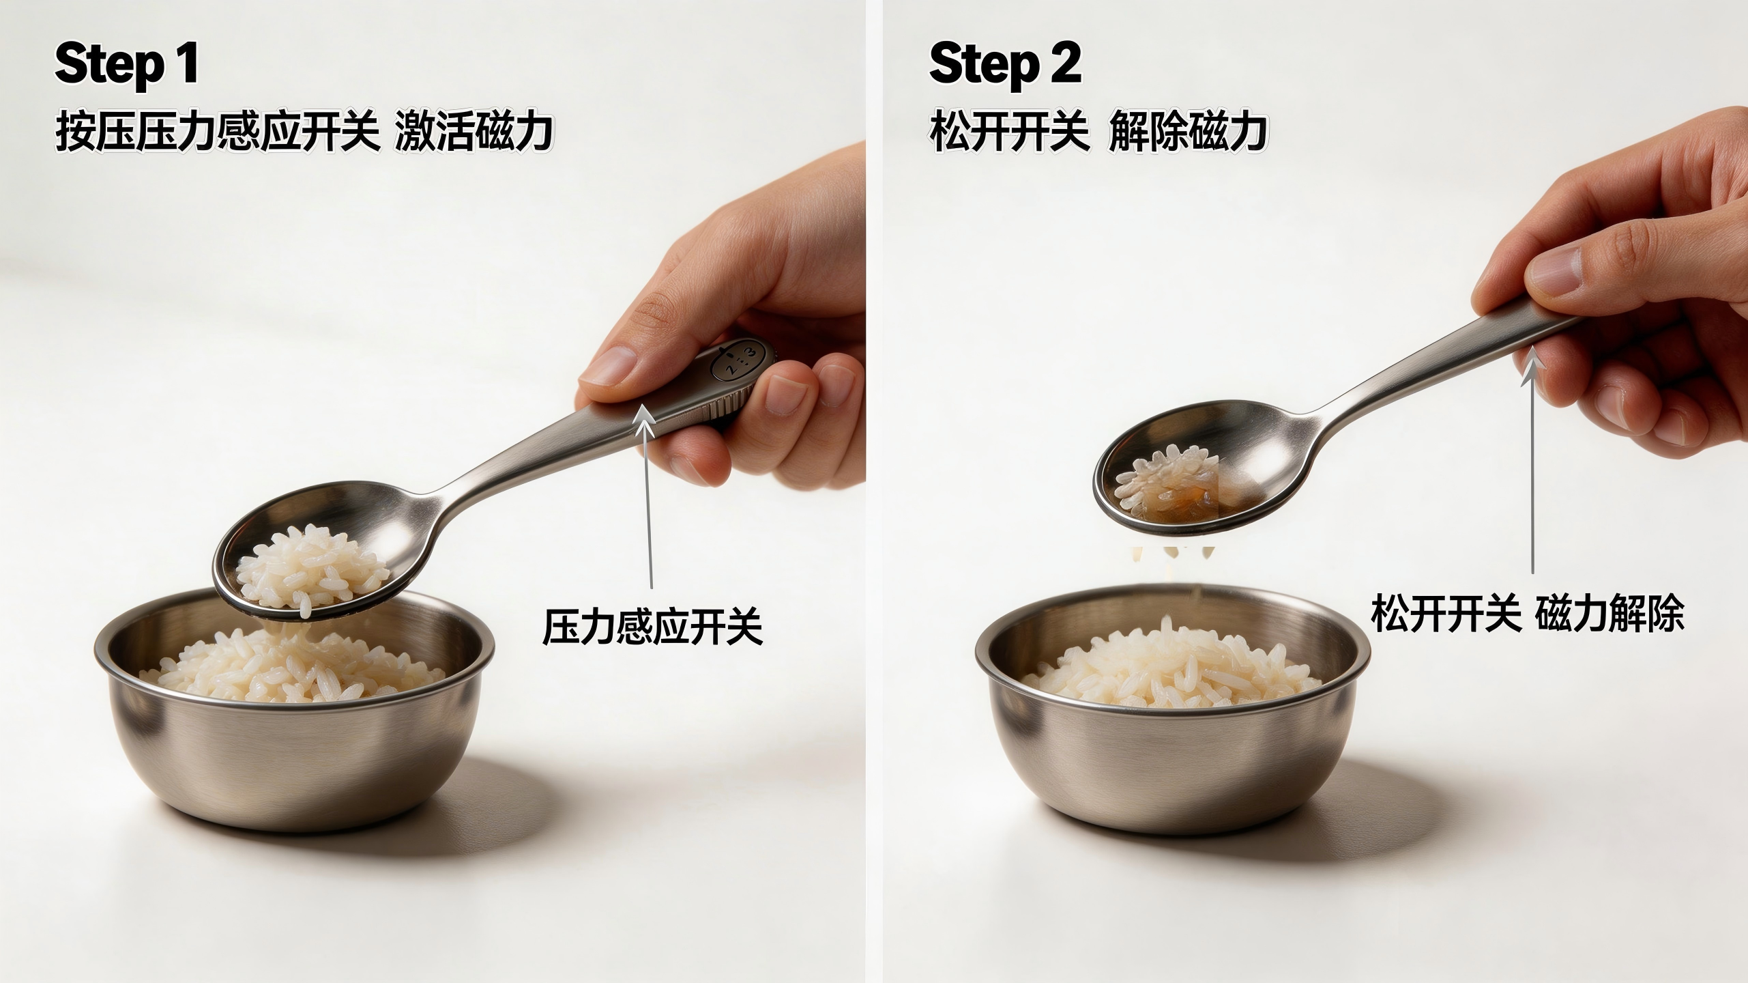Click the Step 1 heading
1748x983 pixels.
[x=127, y=63]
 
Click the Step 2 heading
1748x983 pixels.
[x=1004, y=63]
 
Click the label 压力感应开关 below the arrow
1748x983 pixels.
[x=652, y=627]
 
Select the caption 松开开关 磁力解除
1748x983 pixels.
[x=1527, y=614]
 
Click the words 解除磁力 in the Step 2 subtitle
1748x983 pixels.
[x=1188, y=132]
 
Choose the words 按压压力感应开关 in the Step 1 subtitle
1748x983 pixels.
[x=217, y=132]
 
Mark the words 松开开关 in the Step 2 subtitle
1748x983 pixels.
[x=1008, y=132]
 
